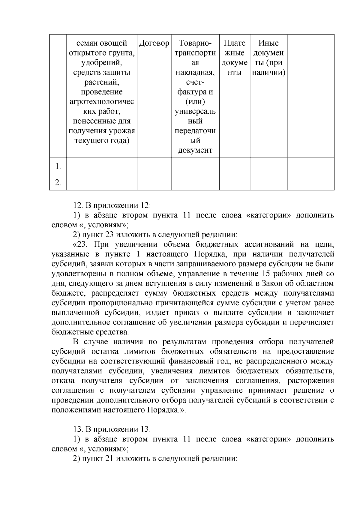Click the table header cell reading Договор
154,43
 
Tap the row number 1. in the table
58,166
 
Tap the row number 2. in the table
58,183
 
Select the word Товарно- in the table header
195,43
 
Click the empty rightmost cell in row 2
310,182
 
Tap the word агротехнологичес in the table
102,102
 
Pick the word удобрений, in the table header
102,63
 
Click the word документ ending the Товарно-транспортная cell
195,150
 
